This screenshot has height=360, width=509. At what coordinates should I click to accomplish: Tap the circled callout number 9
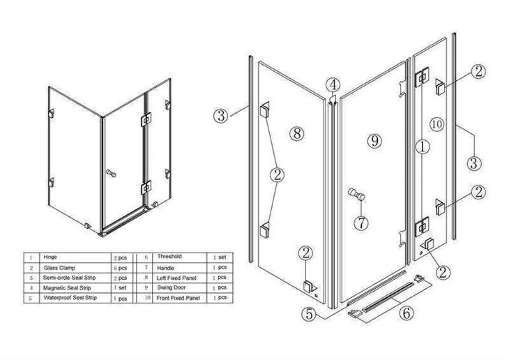click(x=374, y=141)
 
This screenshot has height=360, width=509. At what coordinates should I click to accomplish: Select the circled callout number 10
click(x=437, y=124)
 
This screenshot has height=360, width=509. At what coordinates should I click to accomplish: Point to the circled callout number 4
click(x=334, y=85)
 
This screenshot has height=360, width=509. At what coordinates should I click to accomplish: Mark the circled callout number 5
click(x=309, y=314)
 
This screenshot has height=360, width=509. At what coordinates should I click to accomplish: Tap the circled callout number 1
click(x=420, y=147)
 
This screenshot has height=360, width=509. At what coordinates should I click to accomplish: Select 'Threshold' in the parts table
click(x=170, y=257)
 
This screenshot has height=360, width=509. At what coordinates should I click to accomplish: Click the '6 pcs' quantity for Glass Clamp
click(x=121, y=267)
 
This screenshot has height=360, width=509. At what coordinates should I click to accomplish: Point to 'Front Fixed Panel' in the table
click(x=178, y=298)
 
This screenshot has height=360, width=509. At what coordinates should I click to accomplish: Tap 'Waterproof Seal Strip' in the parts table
click(x=70, y=298)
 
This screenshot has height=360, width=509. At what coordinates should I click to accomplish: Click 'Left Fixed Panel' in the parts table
click(x=177, y=278)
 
